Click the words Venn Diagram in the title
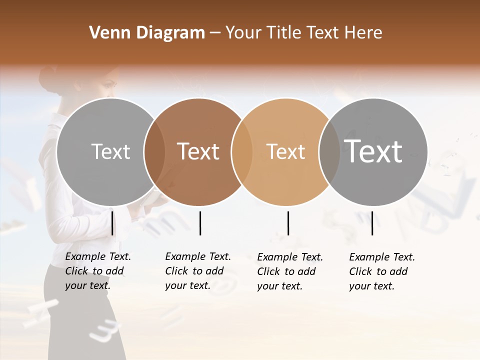(x=147, y=33)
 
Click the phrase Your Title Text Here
(x=303, y=33)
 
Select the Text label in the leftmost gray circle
(x=110, y=151)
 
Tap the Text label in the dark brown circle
(x=198, y=151)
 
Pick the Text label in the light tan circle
(x=285, y=151)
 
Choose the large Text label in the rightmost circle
(x=373, y=151)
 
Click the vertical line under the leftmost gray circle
(x=112, y=223)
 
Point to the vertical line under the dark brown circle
(x=200, y=223)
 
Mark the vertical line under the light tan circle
(x=288, y=223)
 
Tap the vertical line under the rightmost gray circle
(x=372, y=223)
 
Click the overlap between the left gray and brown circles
(x=154, y=151)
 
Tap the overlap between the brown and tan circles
(x=241, y=151)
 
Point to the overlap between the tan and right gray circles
(x=329, y=151)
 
